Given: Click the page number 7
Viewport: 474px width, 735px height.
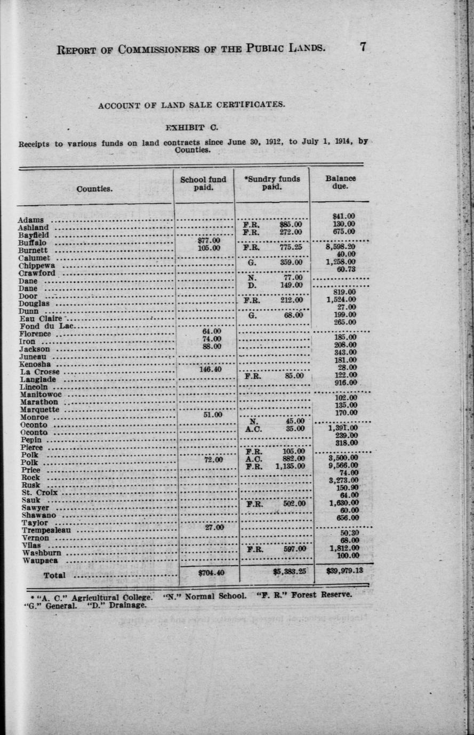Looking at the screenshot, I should tap(363, 47).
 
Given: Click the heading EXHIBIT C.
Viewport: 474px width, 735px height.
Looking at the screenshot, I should tap(191, 128).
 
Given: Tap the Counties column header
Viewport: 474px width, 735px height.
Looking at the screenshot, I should tap(94, 189).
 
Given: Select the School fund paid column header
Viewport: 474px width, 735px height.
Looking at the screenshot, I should tap(203, 183).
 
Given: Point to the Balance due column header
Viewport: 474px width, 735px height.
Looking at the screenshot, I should tap(340, 182).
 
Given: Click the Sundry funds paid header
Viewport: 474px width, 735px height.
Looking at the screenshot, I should tap(272, 183).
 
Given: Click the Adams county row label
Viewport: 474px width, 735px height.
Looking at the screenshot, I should tap(31, 220).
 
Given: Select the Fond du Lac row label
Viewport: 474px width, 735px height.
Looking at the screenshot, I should tap(47, 326).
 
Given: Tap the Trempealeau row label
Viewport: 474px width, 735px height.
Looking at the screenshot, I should tap(46, 530).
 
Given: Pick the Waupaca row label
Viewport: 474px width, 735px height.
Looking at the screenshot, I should tap(41, 560).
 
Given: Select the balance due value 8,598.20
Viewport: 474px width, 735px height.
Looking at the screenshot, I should tap(341, 247).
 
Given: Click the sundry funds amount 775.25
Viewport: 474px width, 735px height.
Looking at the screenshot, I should tap(291, 247).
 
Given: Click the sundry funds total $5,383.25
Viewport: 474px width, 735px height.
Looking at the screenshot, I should tap(289, 573).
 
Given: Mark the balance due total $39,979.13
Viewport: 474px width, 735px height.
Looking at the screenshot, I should tap(344, 571).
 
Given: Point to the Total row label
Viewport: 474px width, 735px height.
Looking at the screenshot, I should tap(54, 575).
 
